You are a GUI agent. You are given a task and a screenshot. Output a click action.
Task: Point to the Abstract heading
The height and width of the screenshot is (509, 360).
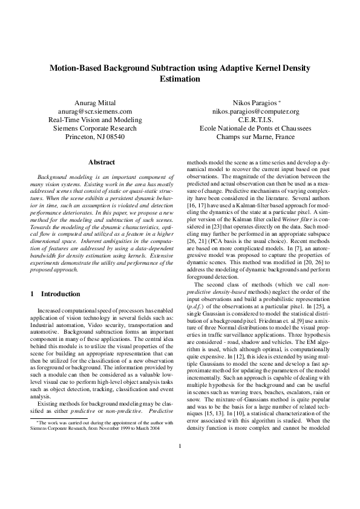102,162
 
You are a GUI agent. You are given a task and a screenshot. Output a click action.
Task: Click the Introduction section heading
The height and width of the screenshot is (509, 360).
60,294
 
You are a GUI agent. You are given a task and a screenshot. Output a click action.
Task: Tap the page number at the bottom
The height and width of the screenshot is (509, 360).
180,481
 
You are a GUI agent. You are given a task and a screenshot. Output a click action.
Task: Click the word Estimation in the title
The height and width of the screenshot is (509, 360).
180,79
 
